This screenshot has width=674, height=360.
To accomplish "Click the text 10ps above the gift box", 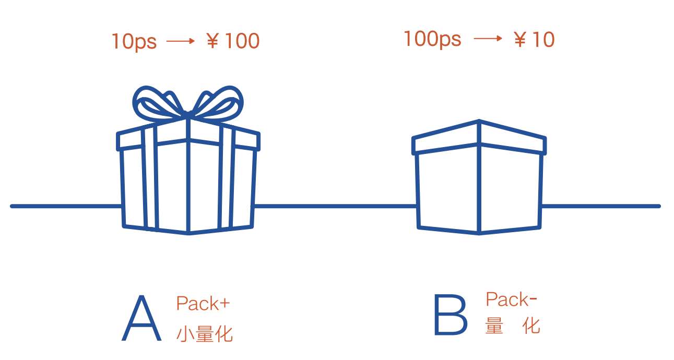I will coord(134,41).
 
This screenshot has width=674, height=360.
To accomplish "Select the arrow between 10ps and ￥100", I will coord(180,41).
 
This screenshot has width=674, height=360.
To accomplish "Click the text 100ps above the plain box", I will coord(432,39).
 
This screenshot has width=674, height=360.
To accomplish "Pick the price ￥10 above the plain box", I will coord(533,40).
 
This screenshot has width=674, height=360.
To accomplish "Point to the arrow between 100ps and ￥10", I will coord(488,39).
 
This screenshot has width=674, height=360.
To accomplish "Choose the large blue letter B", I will coord(450,316).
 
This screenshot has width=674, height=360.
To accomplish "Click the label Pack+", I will coord(203,304).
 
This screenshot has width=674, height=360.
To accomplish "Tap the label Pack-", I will coord(511,299).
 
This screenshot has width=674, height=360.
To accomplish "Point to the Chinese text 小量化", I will coord(204,333).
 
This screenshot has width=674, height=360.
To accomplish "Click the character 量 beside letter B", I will coord(494,326).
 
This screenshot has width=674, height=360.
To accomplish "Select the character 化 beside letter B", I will coord(531,326).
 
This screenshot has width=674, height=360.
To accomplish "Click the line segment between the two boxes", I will coord(334,206).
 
